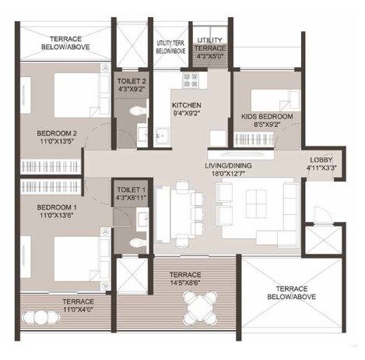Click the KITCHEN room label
[187, 104]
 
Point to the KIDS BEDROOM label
[267, 116]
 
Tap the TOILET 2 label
[129, 80]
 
